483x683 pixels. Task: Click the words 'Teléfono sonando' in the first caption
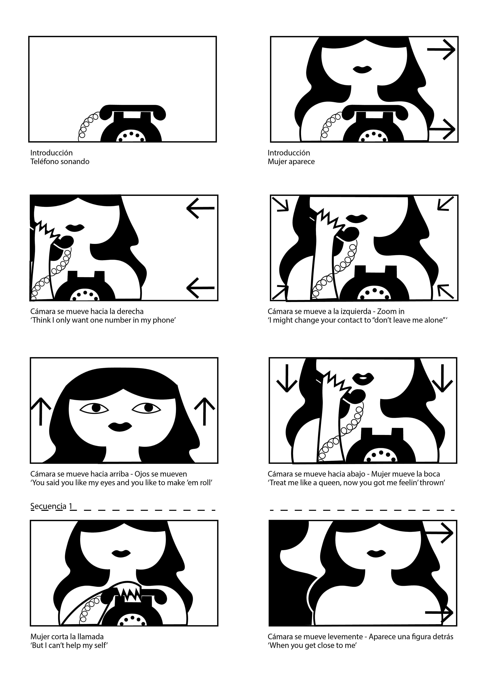60,162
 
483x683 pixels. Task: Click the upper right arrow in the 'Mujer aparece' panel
441,50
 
